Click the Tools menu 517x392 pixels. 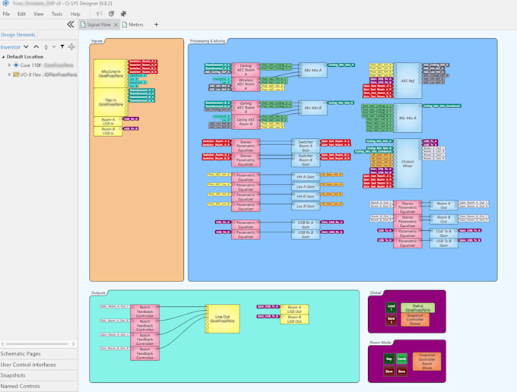pos(57,14)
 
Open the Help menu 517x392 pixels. pos(75,14)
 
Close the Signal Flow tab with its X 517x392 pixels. pos(116,24)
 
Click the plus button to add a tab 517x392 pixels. pos(157,24)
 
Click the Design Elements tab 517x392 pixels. pos(17,35)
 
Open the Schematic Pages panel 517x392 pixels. pos(21,353)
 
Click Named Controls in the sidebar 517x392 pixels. pos(20,386)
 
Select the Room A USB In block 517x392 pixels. pos(108,121)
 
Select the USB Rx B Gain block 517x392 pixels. pos(306,234)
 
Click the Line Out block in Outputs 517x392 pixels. pos(223,318)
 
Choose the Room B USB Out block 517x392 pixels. pos(294,320)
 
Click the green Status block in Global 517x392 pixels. pos(418,308)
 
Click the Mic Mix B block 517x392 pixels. pos(312,109)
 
